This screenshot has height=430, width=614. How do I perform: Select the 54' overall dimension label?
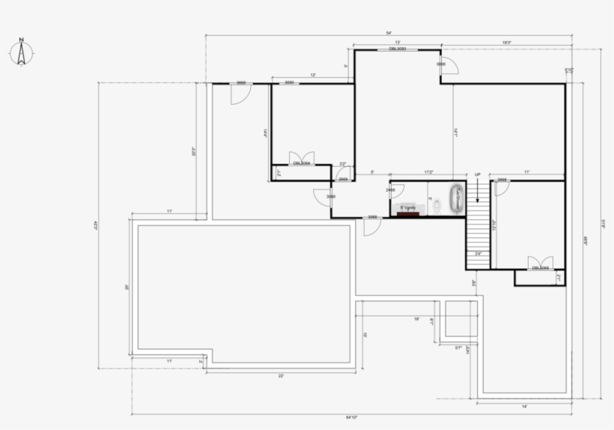389,34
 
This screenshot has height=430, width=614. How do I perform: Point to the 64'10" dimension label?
350,417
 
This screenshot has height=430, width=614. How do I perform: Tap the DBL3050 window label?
397,49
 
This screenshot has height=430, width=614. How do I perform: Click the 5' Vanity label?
407,207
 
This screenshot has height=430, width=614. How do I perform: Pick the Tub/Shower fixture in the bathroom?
456,199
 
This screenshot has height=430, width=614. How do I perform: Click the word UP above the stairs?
478,175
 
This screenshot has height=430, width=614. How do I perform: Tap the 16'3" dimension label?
507,43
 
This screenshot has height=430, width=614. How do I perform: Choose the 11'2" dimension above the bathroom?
429,173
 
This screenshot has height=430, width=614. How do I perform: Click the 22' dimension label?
280,375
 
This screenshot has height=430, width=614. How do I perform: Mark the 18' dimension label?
416,319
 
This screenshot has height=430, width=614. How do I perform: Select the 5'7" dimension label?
458,348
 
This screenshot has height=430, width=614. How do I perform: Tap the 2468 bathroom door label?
390,190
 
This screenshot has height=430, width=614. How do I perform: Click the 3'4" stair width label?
478,254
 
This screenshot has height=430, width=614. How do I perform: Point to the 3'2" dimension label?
342,165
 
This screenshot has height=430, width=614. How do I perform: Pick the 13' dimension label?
397,43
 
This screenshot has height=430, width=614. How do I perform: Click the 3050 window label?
289,82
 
